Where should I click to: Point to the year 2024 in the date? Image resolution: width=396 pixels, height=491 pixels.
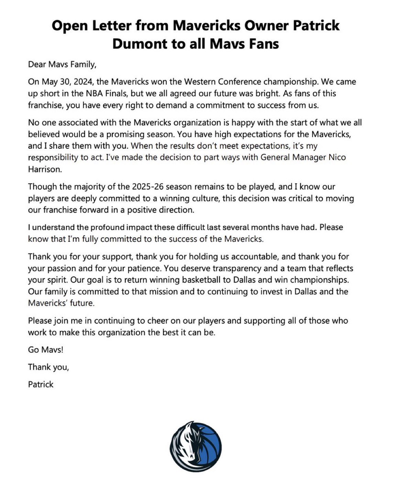pos(82,82)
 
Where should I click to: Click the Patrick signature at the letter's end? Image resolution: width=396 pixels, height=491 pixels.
pos(41,384)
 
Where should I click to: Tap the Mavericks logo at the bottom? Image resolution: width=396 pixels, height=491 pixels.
pos(195,446)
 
